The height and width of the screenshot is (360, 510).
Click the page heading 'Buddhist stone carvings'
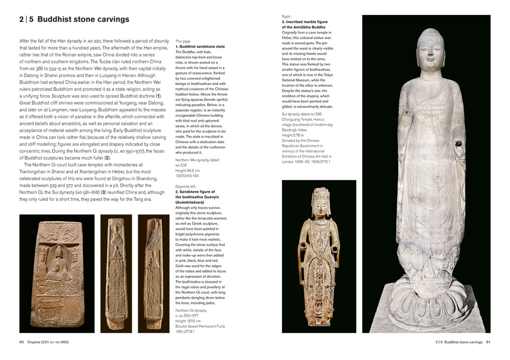click(83, 20)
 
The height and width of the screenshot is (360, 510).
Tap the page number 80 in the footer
click(22, 342)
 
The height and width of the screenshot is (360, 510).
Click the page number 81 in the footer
click(488, 342)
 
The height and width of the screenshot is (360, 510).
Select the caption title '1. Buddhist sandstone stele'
click(200, 46)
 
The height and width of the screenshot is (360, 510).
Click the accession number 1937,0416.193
click(187, 176)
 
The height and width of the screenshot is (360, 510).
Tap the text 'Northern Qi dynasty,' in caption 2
click(191, 311)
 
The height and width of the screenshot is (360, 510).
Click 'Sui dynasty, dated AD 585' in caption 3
click(302, 114)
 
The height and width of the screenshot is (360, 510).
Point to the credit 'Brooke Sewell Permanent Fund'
click(200, 326)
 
